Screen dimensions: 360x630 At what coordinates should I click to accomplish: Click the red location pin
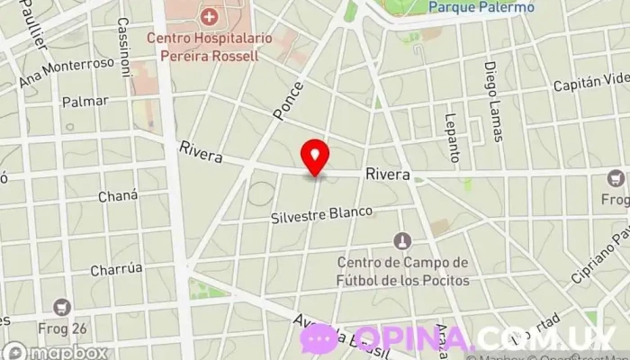pos(315,157)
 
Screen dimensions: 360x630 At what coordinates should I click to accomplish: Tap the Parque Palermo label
pos(481,7)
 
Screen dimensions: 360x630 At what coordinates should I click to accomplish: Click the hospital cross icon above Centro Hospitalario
pos(210,16)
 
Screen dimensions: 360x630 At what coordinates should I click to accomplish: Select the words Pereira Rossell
pos(202,55)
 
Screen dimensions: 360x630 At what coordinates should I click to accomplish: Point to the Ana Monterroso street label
pos(67,73)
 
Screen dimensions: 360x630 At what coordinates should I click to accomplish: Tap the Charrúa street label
pos(117,269)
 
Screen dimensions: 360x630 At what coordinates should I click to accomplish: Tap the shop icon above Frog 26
pos(62,307)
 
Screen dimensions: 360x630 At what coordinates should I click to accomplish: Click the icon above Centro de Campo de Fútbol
pos(403,241)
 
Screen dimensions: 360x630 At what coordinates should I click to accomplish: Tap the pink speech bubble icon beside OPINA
pos(319,338)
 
